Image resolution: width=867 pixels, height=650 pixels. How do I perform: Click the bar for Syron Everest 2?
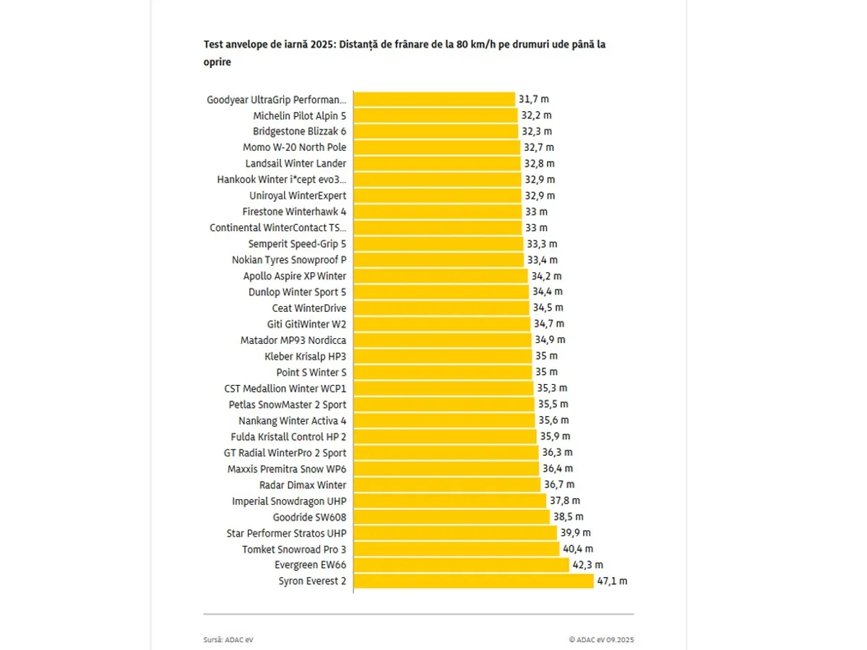pos(473,581)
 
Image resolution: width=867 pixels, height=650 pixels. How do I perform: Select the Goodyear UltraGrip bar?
pos(434,100)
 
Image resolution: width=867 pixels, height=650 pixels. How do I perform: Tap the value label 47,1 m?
pos(612,581)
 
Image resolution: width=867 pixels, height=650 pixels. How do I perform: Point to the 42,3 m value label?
pos(587,565)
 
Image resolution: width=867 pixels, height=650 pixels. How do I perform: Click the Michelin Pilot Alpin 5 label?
pos(299,116)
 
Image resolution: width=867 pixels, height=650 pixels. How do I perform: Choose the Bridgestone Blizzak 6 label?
pos(299,131)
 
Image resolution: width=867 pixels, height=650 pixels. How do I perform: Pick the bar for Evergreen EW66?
pos(461,565)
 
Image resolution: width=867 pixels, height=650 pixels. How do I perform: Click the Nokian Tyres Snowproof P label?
pos(289,260)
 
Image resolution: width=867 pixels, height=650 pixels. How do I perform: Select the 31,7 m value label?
pos(534,100)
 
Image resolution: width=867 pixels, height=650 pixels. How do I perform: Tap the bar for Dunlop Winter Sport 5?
pos(441,292)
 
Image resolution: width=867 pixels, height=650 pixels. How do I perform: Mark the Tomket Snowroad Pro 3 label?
pos(294,549)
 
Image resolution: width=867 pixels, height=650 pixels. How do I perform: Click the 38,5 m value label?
pos(569,517)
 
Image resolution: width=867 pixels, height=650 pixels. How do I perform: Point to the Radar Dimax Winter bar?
pos(447,485)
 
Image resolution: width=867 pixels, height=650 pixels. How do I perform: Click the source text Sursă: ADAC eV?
pos(228,640)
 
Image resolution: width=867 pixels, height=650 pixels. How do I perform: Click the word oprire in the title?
pos(217,62)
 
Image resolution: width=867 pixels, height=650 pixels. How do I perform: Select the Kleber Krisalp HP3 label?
pos(306,356)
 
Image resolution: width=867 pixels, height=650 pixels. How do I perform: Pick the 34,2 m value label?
pos(547,276)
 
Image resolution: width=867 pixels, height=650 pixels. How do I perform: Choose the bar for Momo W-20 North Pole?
pos(436,147)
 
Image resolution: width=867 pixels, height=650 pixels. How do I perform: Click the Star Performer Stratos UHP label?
pos(286,533)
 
